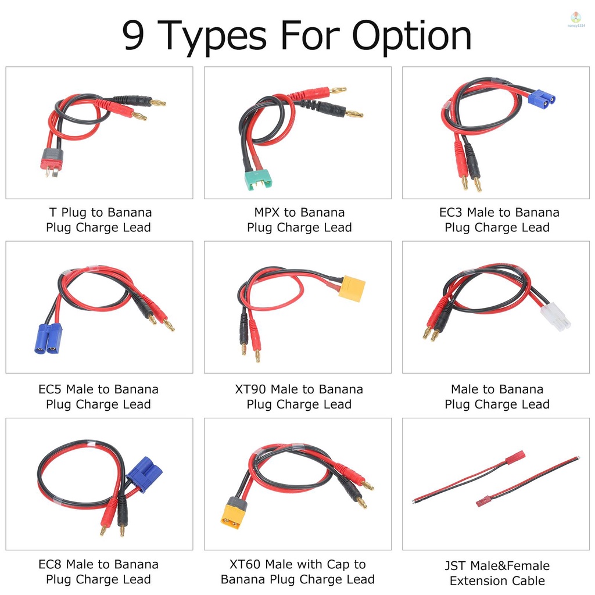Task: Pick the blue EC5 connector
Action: point(48,338)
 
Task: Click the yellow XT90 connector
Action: point(352,288)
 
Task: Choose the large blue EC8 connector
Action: point(143,473)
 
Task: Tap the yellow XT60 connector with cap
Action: point(234,513)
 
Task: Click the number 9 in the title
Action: point(134,37)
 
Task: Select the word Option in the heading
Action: point(412,37)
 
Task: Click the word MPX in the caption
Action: point(267,213)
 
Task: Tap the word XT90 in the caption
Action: point(251,389)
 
